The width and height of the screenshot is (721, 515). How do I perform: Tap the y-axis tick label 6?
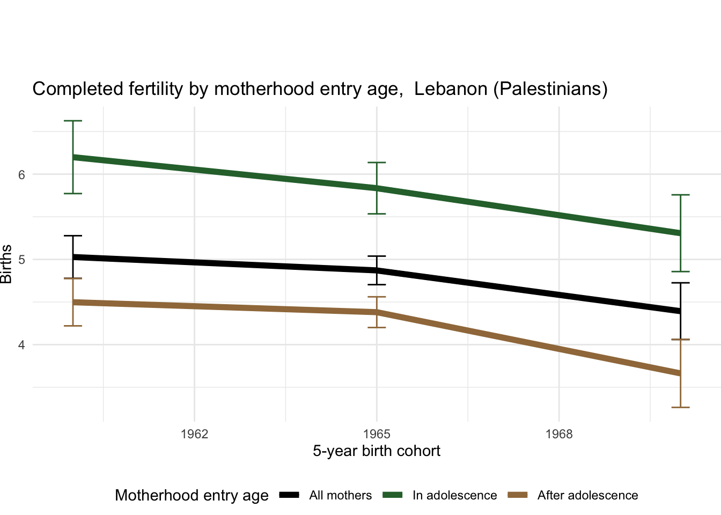pos(21,175)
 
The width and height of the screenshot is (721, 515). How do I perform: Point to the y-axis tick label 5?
pos(21,260)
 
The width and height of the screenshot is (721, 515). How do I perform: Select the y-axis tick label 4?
pos(21,345)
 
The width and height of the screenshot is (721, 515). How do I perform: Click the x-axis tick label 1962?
pos(194,434)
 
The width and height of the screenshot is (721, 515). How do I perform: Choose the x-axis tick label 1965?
pos(377,434)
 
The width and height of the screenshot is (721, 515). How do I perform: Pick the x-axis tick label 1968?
pos(559,434)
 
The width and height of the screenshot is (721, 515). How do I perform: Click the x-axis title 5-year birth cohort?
pos(377,451)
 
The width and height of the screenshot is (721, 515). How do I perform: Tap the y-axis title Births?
pos(6,264)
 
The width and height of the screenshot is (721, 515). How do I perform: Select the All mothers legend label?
pos(340,496)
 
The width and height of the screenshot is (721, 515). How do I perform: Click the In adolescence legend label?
pos(454,496)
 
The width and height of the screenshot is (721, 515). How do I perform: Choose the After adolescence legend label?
pos(587,496)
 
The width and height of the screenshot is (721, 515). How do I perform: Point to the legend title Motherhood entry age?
pos(192,496)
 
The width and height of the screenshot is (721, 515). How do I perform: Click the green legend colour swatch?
pos(393,495)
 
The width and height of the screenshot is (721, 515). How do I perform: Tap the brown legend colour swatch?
pos(518,495)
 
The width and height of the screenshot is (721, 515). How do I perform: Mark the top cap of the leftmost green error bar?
pos(73,121)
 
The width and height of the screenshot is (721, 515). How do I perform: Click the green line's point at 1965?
pos(377,188)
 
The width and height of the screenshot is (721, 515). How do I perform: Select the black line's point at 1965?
pos(377,270)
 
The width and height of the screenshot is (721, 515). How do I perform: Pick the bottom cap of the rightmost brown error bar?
pos(680,408)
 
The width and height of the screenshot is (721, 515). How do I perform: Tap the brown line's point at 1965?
pos(377,312)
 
